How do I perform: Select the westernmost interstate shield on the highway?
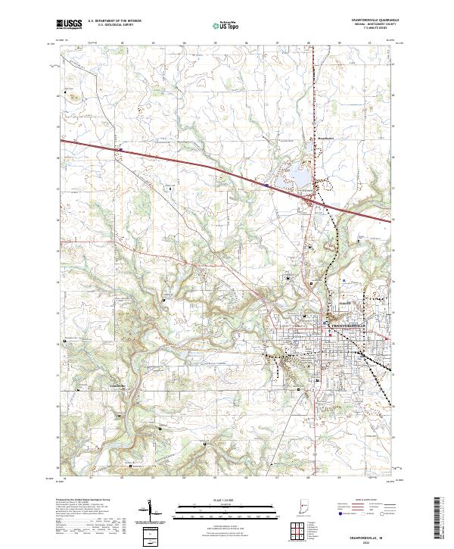click(120, 149)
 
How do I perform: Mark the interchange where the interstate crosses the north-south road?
click(311, 198)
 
